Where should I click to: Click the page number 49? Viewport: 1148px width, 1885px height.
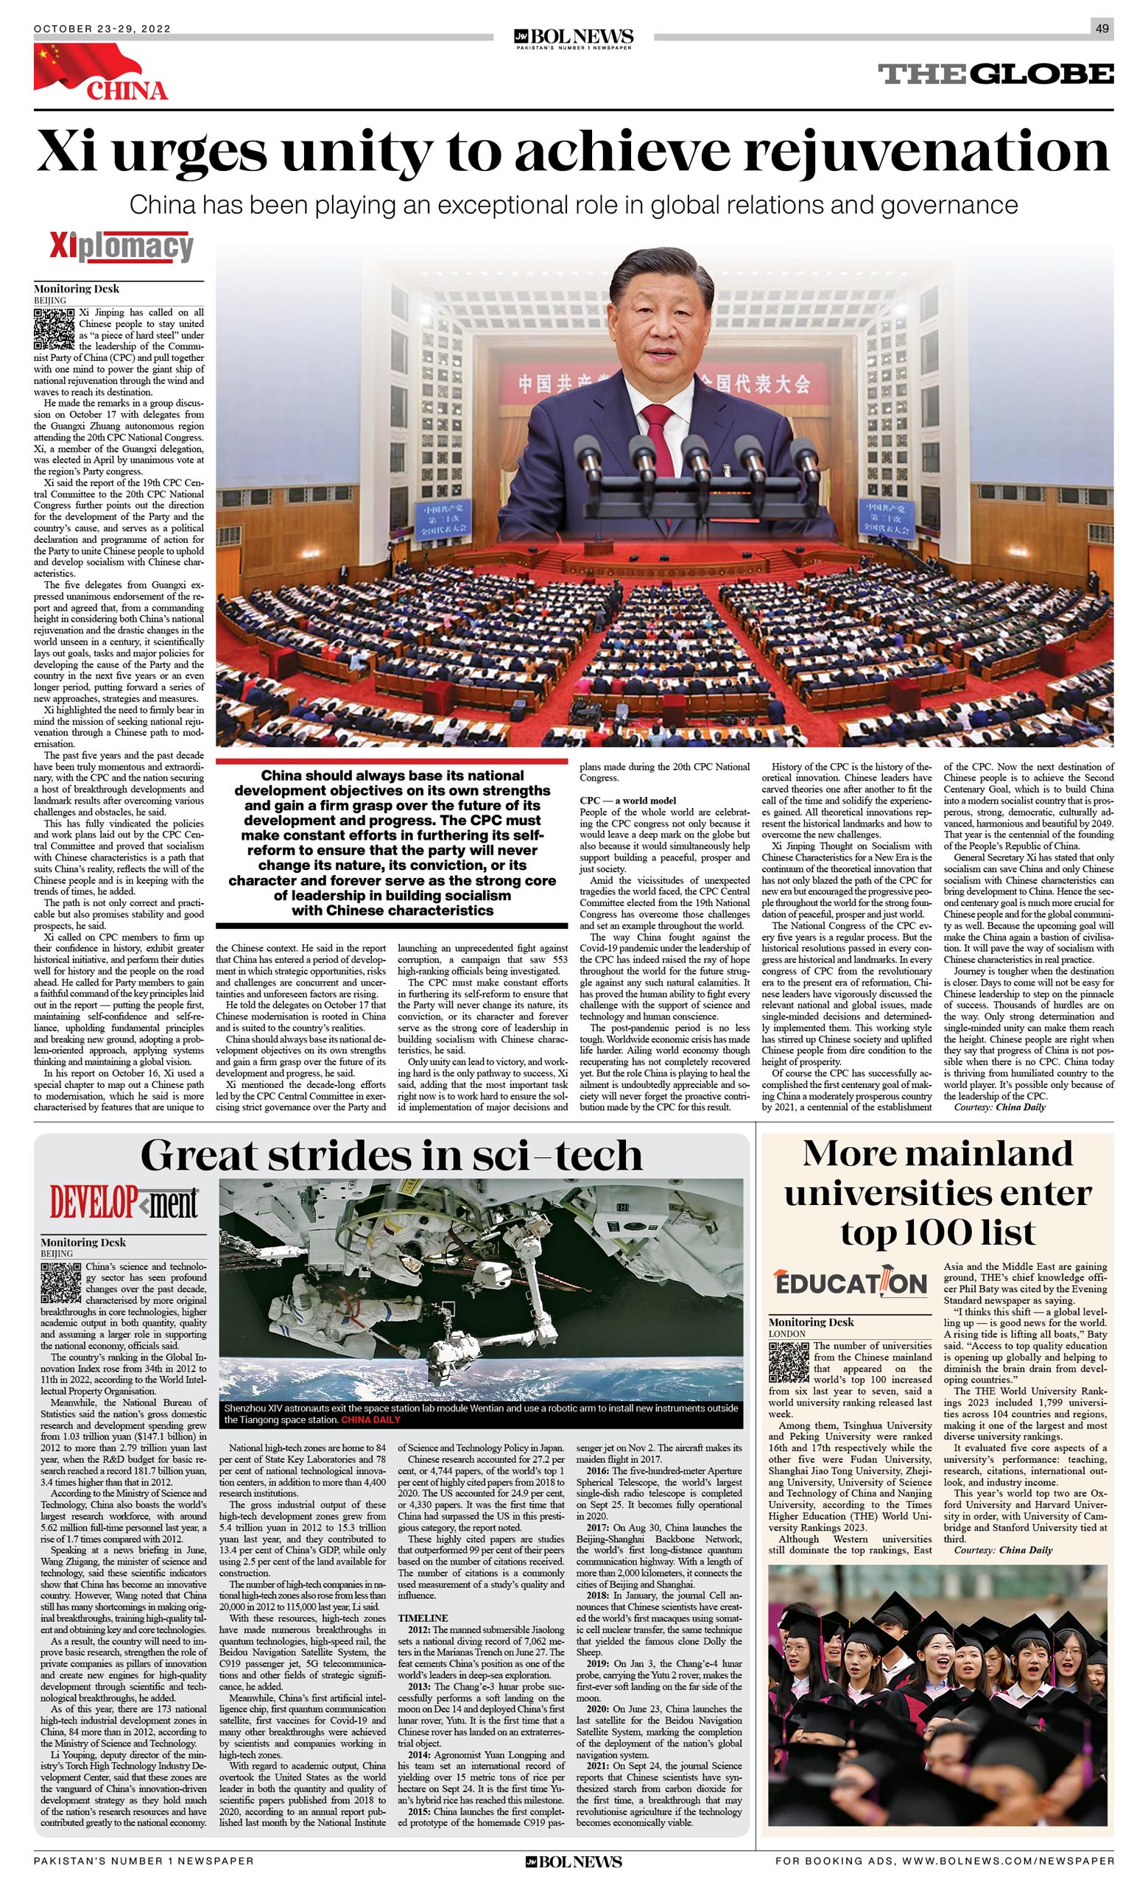[x=1102, y=28]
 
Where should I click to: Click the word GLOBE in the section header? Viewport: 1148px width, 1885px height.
[x=1043, y=74]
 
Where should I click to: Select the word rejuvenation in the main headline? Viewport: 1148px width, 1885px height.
[x=926, y=151]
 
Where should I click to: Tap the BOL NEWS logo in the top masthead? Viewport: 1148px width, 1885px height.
[x=574, y=37]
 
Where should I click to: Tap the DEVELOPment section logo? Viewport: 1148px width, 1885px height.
[x=124, y=1204]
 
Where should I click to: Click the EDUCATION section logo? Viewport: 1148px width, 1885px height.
[x=851, y=1282]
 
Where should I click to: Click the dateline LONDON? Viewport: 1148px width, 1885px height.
[x=787, y=1333]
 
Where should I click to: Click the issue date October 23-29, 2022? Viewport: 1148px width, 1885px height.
[x=102, y=29]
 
